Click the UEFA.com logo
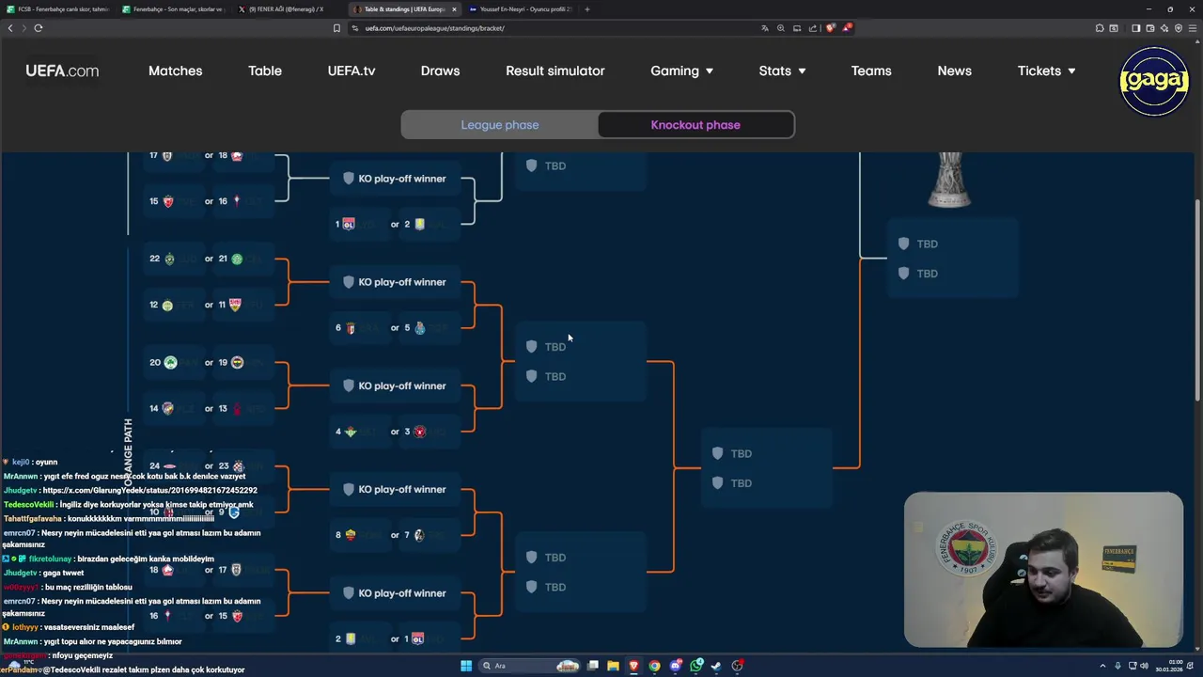click(62, 71)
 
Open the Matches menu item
click(175, 71)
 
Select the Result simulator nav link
click(555, 71)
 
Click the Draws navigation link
click(440, 71)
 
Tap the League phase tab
click(500, 125)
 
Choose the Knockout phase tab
click(695, 125)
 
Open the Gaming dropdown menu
click(681, 71)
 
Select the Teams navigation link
click(871, 71)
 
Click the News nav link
click(954, 71)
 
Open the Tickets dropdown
click(1046, 71)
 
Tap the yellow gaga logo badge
click(1154, 81)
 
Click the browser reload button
click(39, 28)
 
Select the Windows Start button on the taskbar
click(465, 666)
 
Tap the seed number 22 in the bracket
click(154, 259)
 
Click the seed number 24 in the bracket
click(154, 466)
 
